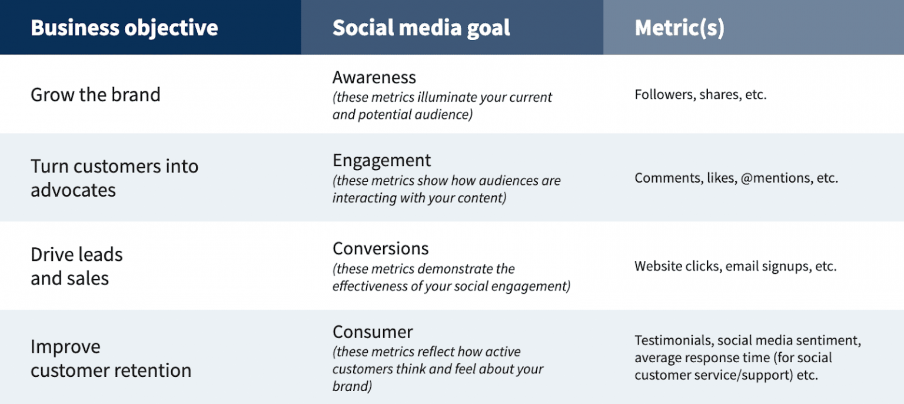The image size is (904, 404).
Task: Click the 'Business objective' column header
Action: coord(124,28)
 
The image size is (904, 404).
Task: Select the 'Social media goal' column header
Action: coord(421,28)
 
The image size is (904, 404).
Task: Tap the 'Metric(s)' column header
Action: coord(679,28)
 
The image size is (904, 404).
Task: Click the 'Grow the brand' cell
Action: coord(95,95)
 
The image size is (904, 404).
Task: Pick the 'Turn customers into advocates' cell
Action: coord(114,178)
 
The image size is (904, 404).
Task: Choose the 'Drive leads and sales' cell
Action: coord(77,266)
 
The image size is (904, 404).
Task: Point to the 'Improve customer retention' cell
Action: coord(111,358)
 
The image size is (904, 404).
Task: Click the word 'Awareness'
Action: coord(374,77)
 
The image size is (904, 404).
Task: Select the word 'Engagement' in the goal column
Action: coord(381,160)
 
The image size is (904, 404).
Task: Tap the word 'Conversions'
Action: coord(380,248)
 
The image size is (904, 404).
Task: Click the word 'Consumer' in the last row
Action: coord(373,332)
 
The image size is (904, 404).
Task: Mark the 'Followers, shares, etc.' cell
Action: coord(700,95)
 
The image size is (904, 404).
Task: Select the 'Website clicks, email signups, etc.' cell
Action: coord(735,266)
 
